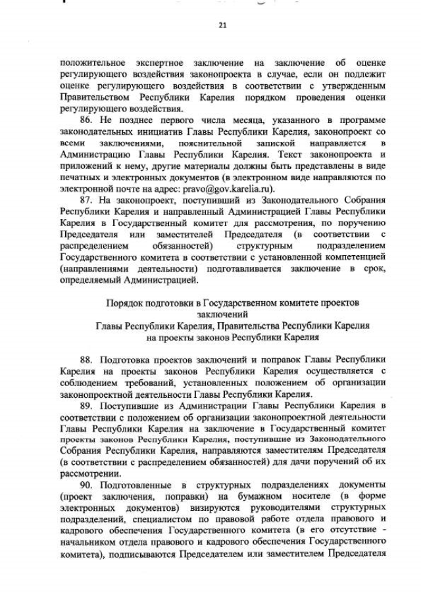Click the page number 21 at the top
[222, 25]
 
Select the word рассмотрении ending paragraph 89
[89, 472]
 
